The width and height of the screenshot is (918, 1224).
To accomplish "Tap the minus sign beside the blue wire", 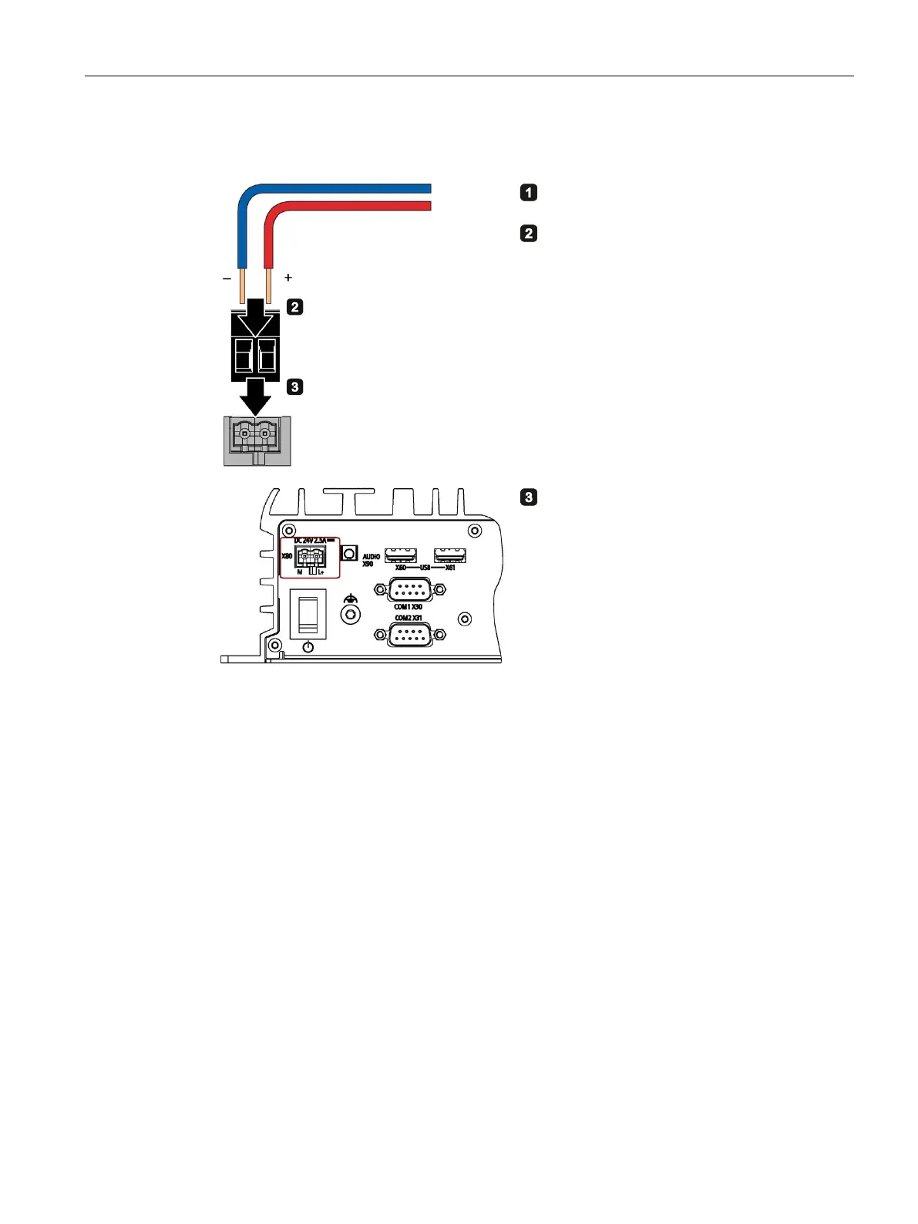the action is coord(227,278).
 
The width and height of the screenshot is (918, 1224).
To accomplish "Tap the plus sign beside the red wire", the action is coord(288,278).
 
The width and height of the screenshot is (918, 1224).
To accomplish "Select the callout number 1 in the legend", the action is coord(528,192).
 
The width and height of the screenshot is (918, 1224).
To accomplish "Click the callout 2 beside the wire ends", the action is coord(294,307).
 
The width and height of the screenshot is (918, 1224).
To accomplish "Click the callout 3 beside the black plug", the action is coord(294,387).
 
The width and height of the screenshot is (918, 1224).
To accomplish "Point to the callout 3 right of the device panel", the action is coord(528,497).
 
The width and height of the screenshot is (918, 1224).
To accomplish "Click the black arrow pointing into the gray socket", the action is coord(255,396).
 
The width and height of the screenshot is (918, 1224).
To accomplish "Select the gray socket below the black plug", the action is coord(257,440).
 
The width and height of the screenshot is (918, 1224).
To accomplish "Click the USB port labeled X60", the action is coord(401,555).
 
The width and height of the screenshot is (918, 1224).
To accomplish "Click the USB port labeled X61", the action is coord(450,555).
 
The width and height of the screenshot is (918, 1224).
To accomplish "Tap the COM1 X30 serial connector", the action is coord(409,590).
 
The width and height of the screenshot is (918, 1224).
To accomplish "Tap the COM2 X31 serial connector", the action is coord(409,635).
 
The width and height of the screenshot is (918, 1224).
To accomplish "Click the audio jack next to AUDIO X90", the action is coord(350,555).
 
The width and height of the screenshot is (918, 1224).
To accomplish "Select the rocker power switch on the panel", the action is coord(308,613).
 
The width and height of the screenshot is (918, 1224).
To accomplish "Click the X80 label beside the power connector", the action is coord(286,556).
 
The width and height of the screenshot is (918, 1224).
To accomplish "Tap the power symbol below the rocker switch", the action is coord(308,647).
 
